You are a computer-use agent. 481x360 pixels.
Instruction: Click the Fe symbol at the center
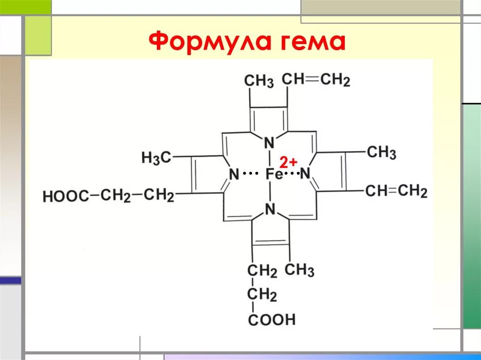pyautogui.click(x=274, y=175)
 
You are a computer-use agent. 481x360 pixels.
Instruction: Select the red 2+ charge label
pyautogui.click(x=288, y=162)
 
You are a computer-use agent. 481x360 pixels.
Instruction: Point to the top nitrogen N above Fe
pyautogui.click(x=269, y=143)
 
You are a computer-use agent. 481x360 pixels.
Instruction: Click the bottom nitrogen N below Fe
pyautogui.click(x=270, y=209)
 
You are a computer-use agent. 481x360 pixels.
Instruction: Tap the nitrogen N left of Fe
pyautogui.click(x=233, y=175)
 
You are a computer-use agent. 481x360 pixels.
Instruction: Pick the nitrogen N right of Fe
pyautogui.click(x=305, y=175)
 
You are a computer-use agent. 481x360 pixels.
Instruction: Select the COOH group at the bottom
pyautogui.click(x=272, y=320)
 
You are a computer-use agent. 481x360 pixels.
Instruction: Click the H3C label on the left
pyautogui.click(x=156, y=158)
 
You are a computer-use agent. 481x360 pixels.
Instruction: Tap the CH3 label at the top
pyautogui.click(x=258, y=81)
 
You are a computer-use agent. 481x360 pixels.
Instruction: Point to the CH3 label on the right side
pyautogui.click(x=381, y=152)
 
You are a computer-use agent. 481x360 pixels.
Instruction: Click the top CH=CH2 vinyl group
pyautogui.click(x=316, y=80)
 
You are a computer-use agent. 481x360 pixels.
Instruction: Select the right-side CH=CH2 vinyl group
pyautogui.click(x=396, y=191)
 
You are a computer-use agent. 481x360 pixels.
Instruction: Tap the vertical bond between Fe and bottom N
pyautogui.click(x=270, y=192)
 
